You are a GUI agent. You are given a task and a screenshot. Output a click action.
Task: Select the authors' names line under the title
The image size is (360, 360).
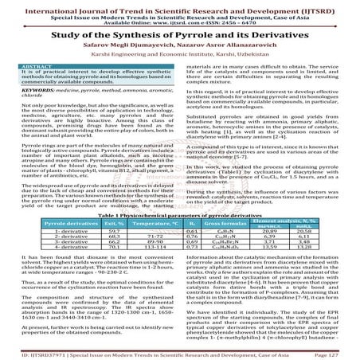click(180, 45)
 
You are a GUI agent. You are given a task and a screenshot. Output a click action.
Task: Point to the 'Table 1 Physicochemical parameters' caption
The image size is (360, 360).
click(180, 215)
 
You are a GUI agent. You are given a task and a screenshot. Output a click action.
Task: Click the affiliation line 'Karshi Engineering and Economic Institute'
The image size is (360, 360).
click(180, 55)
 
